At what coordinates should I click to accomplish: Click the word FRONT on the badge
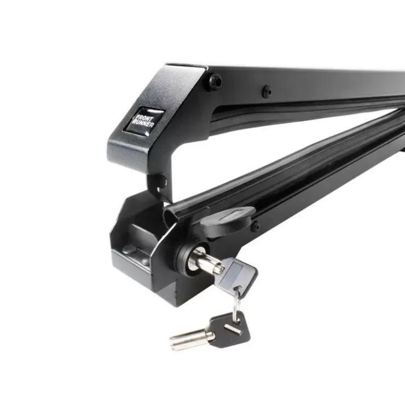(143, 118)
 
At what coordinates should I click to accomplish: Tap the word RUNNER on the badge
(143, 124)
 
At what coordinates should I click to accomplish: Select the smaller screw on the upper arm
(267, 92)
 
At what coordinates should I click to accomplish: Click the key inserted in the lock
(225, 271)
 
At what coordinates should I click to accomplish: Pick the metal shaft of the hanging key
(191, 339)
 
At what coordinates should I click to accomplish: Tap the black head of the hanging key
(229, 329)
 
